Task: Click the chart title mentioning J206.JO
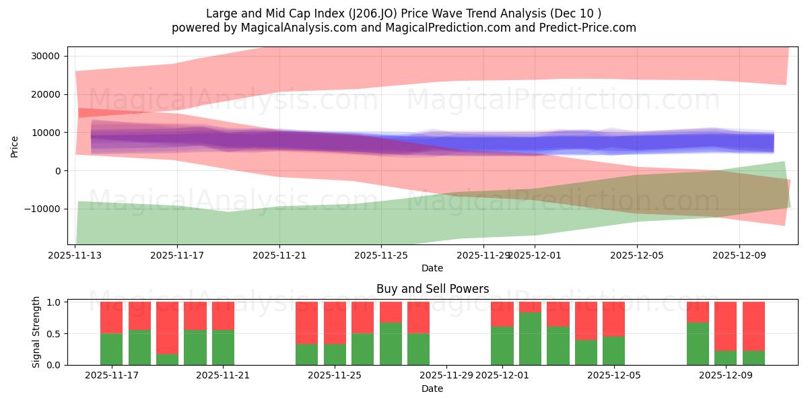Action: point(404,13)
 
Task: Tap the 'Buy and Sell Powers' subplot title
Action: point(432,290)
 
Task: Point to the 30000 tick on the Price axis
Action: point(45,56)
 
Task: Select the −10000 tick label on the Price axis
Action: point(42,209)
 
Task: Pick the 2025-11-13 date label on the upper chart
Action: point(75,256)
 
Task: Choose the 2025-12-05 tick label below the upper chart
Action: point(637,256)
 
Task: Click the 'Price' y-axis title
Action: point(15,145)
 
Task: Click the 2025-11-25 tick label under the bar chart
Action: point(335,376)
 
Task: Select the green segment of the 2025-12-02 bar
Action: point(530,339)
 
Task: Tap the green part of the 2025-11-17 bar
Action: point(111,349)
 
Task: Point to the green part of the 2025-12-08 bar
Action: point(698,344)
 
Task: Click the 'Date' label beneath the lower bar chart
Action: point(432,389)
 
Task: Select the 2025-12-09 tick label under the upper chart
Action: point(739,256)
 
